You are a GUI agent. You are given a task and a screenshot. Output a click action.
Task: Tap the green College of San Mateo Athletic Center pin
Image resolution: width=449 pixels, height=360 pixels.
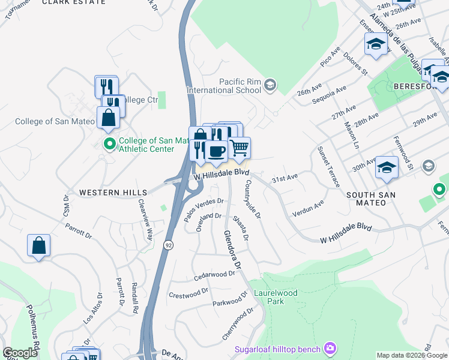[109, 144]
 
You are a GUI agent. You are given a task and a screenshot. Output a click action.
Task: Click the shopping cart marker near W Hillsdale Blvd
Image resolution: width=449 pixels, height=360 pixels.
[240, 147]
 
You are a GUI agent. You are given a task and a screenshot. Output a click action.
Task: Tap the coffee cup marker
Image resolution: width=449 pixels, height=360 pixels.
[216, 150]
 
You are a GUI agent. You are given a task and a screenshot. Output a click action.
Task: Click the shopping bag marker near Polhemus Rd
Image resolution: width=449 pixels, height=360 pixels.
[38, 245]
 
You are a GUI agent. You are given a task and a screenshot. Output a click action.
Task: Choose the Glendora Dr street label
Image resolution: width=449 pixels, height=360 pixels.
[232, 250]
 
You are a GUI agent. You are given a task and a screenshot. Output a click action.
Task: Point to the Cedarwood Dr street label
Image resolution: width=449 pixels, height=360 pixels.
[214, 275]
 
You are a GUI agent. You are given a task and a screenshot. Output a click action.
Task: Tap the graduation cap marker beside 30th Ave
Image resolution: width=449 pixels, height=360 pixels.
[387, 167]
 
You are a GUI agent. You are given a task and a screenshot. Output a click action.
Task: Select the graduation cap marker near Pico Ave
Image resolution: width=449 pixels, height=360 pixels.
[376, 44]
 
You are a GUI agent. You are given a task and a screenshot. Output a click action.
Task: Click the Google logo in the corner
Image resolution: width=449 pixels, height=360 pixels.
[20, 353]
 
